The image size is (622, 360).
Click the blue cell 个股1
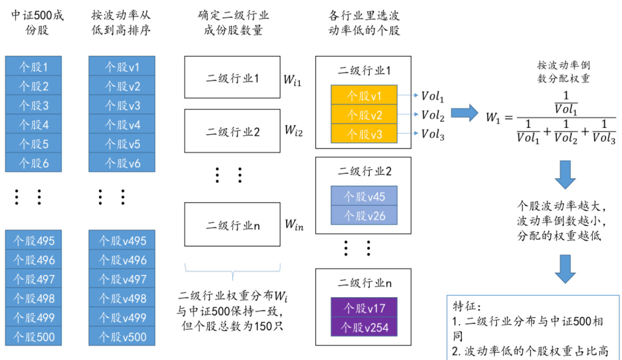(33, 67)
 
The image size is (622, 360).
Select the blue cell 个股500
(33, 337)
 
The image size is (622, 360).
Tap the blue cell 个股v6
(122, 163)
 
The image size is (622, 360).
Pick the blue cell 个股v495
(122, 241)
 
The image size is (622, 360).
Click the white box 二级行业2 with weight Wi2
(232, 132)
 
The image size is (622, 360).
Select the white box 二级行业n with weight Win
(232, 225)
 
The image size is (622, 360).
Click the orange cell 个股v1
(364, 95)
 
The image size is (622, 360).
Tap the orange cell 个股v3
(364, 134)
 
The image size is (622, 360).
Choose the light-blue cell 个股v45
(364, 196)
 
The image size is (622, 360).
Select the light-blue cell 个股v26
(364, 215)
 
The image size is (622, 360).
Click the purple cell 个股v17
(364, 307)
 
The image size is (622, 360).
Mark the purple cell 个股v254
(364, 326)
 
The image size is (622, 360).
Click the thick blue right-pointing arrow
(463, 113)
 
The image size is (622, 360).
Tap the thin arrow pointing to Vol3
(408, 134)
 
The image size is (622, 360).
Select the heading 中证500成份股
(37, 23)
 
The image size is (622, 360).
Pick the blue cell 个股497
(33, 279)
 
